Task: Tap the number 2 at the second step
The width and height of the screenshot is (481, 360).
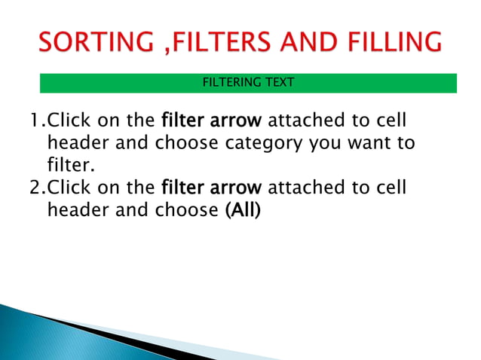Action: tap(34, 188)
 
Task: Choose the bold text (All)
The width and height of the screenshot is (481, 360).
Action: tap(243, 210)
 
